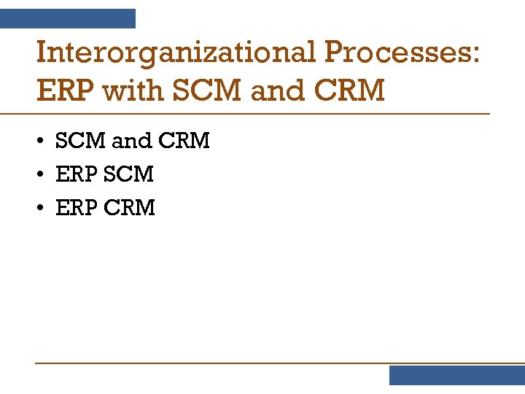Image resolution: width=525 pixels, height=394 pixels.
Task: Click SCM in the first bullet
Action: pyautogui.click(x=80, y=141)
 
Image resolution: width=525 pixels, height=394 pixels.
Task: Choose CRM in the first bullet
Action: pyautogui.click(x=184, y=141)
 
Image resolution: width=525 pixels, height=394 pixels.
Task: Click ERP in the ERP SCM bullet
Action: pyautogui.click(x=77, y=174)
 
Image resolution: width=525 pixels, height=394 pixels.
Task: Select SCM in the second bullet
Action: pyautogui.click(x=128, y=174)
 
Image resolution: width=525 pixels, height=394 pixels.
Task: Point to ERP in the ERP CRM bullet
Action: pyautogui.click(x=77, y=208)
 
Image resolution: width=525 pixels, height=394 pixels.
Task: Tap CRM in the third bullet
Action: pyautogui.click(x=130, y=208)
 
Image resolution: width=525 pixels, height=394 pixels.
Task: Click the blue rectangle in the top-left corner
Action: pyautogui.click(x=67, y=18)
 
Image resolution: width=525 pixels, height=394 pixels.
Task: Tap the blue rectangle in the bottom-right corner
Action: pyautogui.click(x=456, y=375)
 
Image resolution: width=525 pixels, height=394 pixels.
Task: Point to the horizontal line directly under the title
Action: pyautogui.click(x=244, y=114)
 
